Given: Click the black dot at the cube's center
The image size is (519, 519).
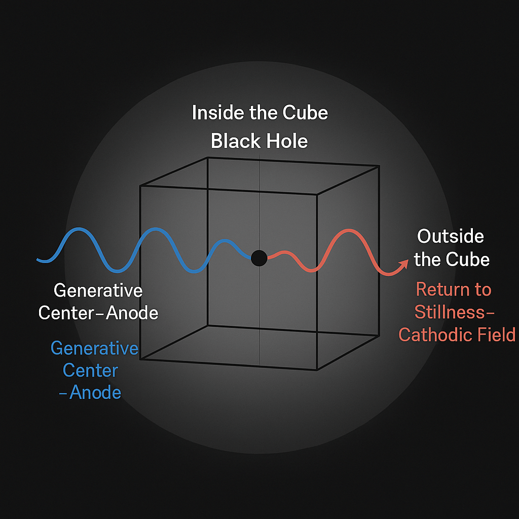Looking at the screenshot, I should point(259,258).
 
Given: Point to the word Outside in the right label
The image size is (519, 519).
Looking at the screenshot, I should point(450,236).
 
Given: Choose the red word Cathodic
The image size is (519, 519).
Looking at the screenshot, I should point(431,335).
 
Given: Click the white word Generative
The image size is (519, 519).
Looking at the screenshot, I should point(98,291).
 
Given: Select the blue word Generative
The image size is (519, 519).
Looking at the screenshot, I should point(94,349).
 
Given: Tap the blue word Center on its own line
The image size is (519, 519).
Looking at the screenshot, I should point(90,370).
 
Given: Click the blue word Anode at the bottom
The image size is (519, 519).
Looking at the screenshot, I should point(95,393).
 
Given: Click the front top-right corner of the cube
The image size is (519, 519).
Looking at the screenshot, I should point(317,194).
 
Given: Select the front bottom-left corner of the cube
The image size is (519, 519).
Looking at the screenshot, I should point(140,359).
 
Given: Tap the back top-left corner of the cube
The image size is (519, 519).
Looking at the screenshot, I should point(208,158).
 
